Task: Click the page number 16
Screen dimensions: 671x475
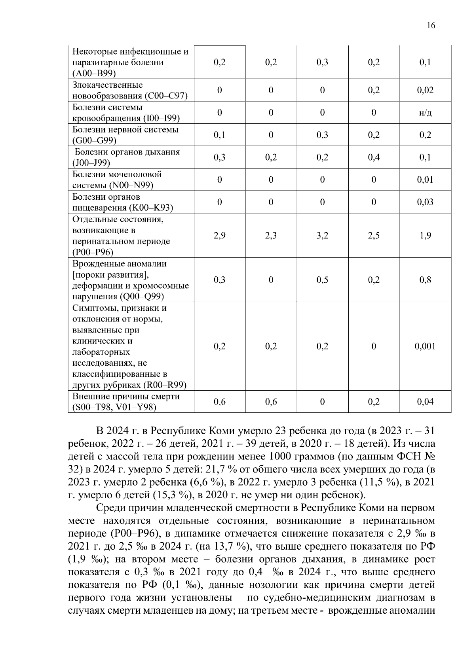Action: click(431, 26)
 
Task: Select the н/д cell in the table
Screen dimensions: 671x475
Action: click(425, 113)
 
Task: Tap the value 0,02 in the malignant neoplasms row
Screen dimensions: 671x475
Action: click(425, 90)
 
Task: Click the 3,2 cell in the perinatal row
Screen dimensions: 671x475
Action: click(322, 236)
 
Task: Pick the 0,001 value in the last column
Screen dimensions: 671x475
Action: click(425, 346)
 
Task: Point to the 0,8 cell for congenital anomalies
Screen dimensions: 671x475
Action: click(425, 280)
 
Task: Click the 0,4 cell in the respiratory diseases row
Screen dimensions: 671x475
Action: click(374, 157)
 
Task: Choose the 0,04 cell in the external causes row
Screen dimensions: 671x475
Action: click(425, 402)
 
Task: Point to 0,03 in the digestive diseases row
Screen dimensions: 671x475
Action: click(425, 202)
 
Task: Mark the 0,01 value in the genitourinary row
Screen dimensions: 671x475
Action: click(425, 180)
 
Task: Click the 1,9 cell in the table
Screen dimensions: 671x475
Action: click(425, 236)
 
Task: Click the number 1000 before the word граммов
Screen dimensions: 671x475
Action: click(281, 456)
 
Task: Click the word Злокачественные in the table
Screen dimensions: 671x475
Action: click(107, 85)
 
